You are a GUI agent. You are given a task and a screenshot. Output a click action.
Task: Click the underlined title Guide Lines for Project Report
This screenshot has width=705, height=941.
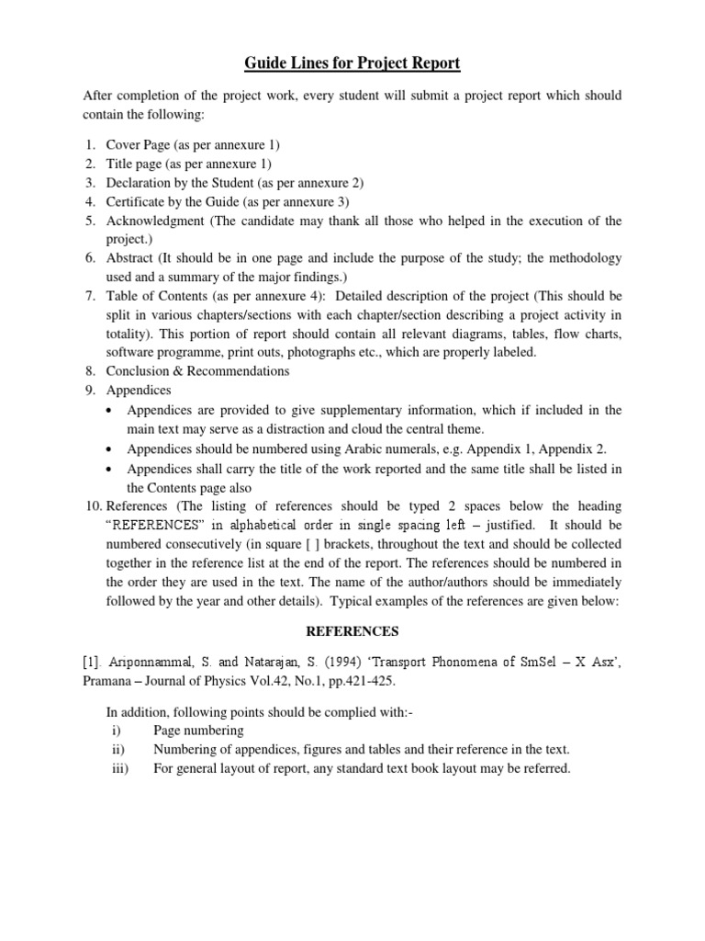pos(352,63)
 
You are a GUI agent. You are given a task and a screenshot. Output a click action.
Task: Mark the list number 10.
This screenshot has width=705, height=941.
pos(93,506)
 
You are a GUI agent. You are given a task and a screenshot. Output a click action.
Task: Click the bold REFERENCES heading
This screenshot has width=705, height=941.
pos(352,632)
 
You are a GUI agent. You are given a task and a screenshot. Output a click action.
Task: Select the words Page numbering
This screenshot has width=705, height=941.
pos(198,731)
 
